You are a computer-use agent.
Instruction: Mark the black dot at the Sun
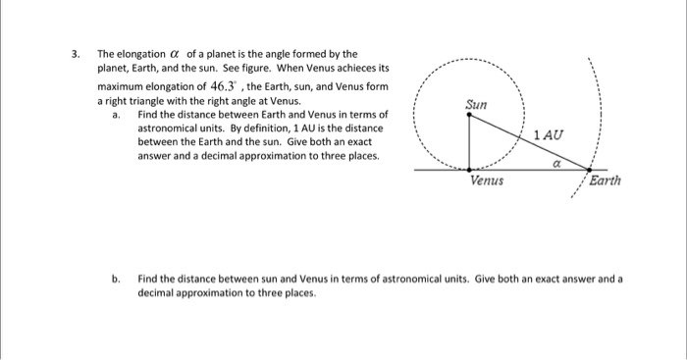469,113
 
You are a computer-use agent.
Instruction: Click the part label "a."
116,115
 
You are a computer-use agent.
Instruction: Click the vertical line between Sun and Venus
469,142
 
